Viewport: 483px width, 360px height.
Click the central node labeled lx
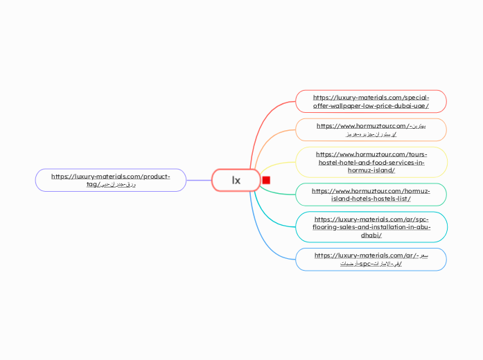[x=236, y=180]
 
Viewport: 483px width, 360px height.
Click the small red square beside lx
[x=266, y=180]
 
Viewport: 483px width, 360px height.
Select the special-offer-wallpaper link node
[x=371, y=101]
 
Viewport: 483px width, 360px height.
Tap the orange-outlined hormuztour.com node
[x=371, y=129]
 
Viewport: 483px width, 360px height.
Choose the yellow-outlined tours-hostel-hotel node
[x=371, y=162]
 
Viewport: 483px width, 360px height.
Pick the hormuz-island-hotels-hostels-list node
[x=371, y=195]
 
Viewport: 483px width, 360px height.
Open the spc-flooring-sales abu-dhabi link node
[x=371, y=227]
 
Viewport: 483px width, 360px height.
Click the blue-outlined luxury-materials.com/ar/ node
[x=371, y=259]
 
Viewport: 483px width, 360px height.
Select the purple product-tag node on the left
[x=111, y=180]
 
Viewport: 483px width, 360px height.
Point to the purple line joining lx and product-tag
[x=199, y=180]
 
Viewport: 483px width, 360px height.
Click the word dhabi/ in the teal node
[x=371, y=235]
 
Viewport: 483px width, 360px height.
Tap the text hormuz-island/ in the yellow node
[x=371, y=170]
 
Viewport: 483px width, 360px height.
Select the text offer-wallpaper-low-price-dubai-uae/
[x=371, y=106]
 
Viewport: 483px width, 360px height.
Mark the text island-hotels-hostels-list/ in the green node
[x=371, y=199]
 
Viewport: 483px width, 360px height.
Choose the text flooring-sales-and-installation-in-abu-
[x=371, y=227]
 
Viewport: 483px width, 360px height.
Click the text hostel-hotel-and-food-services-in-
[x=371, y=162]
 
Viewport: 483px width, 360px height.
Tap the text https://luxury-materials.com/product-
[x=111, y=176]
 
